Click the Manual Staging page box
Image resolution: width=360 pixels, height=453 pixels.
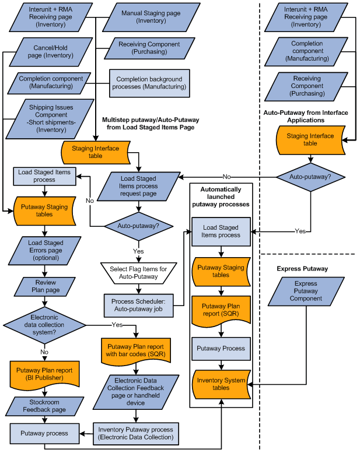click(143, 17)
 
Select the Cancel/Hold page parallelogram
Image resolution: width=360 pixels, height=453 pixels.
click(50, 51)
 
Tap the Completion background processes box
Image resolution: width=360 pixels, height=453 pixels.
click(149, 83)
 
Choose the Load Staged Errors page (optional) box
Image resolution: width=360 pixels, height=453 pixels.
click(45, 250)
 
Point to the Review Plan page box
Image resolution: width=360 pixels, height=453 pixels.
click(44, 286)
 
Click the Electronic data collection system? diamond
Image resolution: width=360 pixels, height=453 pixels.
click(45, 324)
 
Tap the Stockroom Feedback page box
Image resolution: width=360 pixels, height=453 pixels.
click(44, 406)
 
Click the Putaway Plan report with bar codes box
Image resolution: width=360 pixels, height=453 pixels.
click(135, 350)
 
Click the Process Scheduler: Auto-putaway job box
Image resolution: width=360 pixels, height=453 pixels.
click(138, 305)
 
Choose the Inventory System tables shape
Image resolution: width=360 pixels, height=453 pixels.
click(221, 383)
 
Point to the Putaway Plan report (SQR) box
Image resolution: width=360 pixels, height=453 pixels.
click(221, 310)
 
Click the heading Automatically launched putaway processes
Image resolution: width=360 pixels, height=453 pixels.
click(221, 197)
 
